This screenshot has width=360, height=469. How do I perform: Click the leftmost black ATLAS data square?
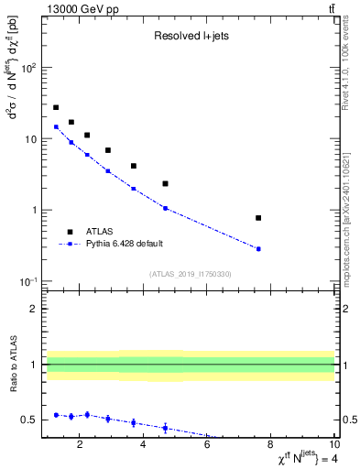click(56, 107)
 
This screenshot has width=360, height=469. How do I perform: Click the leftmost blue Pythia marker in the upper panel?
click(56, 127)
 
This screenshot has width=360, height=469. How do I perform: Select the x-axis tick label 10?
click(334, 446)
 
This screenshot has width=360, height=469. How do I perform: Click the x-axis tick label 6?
click(207, 446)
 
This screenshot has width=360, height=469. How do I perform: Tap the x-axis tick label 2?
click(81, 446)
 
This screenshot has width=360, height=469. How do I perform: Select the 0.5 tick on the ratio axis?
click(29, 420)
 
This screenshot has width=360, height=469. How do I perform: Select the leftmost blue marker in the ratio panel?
click(56, 415)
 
